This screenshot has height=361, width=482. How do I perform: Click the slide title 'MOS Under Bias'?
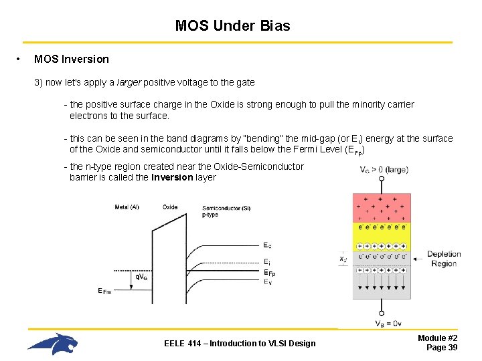(x=232, y=26)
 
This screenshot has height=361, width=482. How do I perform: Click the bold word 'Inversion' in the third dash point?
(x=173, y=178)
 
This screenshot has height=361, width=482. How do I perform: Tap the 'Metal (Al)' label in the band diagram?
(x=127, y=207)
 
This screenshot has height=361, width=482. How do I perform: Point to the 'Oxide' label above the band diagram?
(x=170, y=207)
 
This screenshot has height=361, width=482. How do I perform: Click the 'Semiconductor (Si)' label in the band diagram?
(x=226, y=209)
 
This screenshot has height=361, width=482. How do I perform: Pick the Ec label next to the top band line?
(x=268, y=245)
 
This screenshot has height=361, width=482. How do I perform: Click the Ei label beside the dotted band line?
(x=267, y=261)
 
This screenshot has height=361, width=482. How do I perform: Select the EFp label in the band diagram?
(x=269, y=273)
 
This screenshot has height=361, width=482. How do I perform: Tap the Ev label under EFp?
(x=268, y=282)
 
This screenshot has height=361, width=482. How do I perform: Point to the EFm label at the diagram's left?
(x=104, y=291)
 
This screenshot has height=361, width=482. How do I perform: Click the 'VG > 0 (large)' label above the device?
(x=384, y=170)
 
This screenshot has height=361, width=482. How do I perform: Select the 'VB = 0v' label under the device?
(x=388, y=324)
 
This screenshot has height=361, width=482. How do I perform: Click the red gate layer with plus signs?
(x=382, y=207)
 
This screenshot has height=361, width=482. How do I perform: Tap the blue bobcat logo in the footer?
(x=53, y=344)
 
